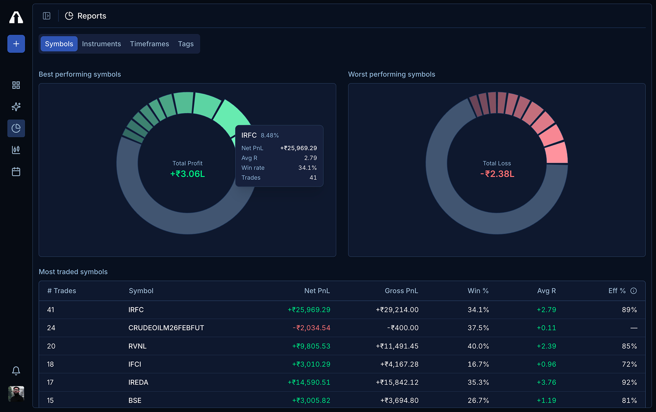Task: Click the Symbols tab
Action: tap(59, 44)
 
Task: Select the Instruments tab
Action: tap(101, 44)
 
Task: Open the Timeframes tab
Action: tap(149, 44)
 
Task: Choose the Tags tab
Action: tap(186, 44)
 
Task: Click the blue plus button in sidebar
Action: tap(16, 44)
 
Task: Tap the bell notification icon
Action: tap(16, 371)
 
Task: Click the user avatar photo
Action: tap(16, 394)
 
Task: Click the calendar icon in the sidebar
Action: tap(16, 172)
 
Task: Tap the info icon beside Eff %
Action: tap(633, 291)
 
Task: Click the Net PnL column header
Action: tap(317, 291)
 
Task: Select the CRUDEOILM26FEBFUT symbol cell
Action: tap(166, 328)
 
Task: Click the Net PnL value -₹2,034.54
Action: tap(311, 328)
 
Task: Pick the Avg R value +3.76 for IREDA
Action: tap(546, 383)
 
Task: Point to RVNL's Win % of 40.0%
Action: tap(478, 346)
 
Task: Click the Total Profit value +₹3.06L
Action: tap(187, 174)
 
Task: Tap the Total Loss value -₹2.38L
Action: tap(497, 174)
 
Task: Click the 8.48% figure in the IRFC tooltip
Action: tap(270, 135)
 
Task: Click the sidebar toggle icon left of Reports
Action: tap(46, 16)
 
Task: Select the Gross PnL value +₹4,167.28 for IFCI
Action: tap(399, 364)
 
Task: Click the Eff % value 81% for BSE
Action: tap(629, 400)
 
